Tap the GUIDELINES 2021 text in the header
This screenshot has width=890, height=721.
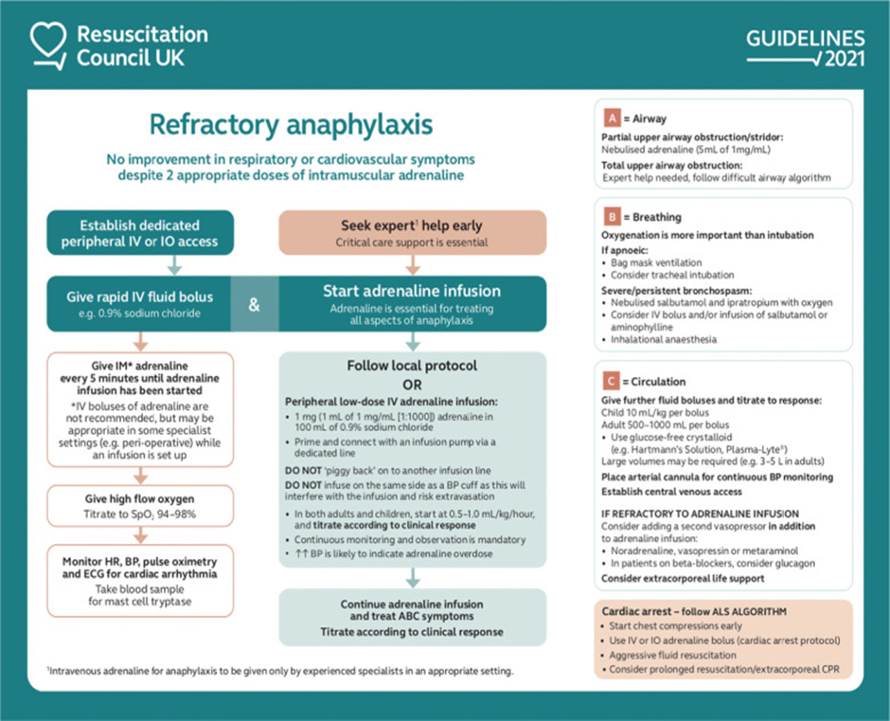(x=805, y=48)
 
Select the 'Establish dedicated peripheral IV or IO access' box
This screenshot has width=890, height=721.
(x=139, y=233)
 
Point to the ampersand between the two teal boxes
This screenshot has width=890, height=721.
(x=255, y=305)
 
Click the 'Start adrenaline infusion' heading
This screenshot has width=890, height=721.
(x=411, y=291)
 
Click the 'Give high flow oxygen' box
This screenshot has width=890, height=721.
(x=139, y=508)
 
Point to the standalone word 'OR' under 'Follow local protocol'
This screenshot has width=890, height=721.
(x=411, y=384)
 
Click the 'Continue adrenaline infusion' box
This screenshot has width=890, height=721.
(x=411, y=618)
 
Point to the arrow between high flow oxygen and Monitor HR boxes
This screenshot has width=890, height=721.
(x=139, y=536)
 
